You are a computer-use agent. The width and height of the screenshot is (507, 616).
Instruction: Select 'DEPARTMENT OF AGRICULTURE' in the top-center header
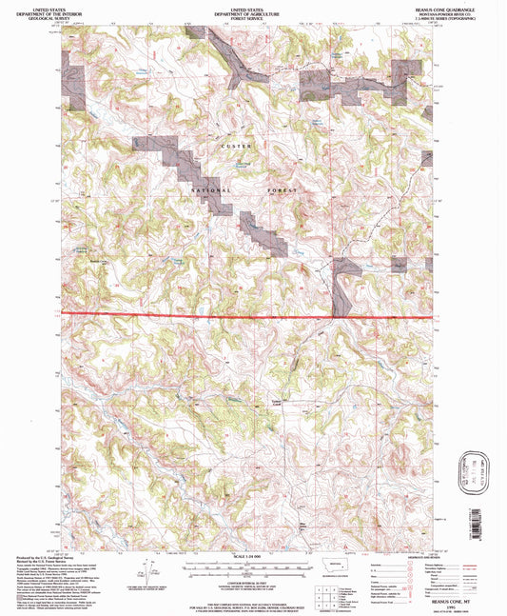coord(252,11)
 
